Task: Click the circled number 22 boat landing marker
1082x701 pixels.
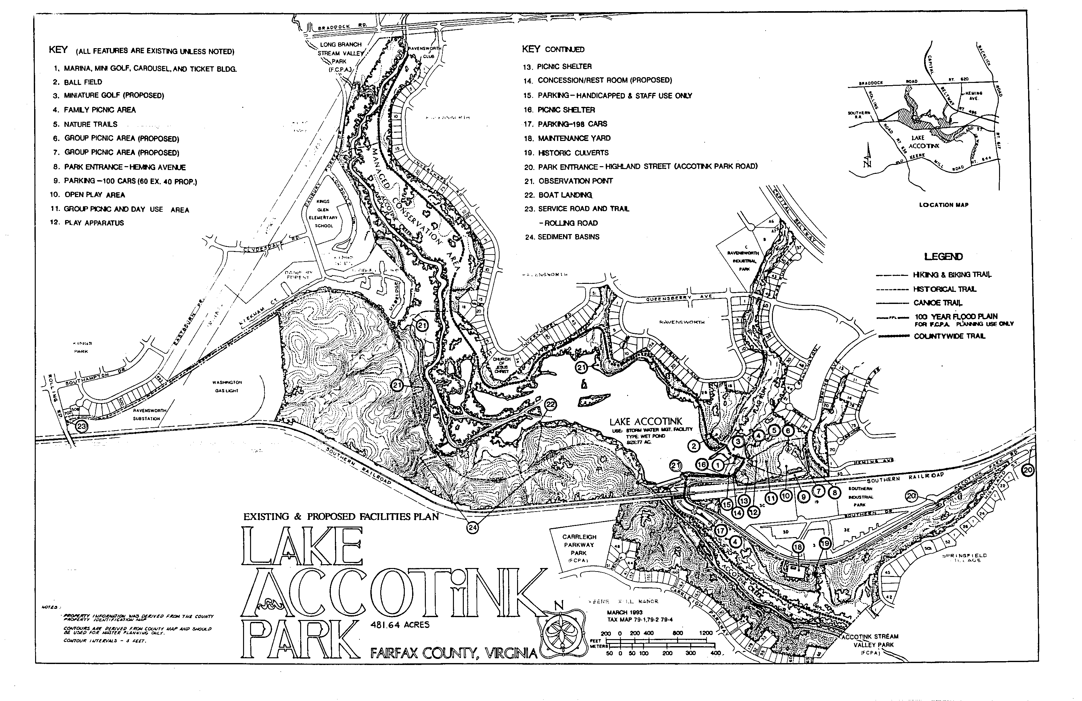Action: coord(551,404)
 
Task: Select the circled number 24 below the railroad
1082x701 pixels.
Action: coord(472,527)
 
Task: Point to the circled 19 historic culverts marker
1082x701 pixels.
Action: coord(824,543)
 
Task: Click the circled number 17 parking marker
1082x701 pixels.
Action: coord(721,530)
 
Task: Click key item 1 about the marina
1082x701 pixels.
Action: coord(150,69)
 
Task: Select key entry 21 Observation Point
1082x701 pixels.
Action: coord(575,181)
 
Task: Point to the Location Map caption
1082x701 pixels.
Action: coord(943,205)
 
